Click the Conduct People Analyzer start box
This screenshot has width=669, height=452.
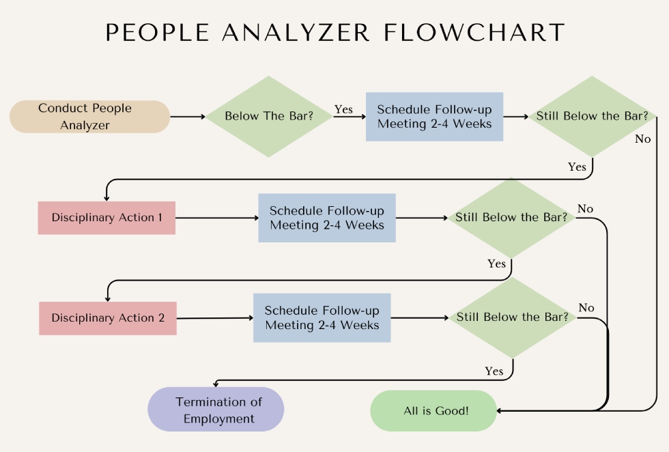89,117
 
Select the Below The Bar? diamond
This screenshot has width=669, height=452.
269,116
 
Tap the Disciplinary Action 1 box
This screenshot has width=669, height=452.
106,218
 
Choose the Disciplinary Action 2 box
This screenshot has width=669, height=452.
108,318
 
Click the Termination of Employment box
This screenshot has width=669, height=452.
216,410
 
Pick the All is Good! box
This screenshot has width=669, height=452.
436,411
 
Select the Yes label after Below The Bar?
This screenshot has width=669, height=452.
343,109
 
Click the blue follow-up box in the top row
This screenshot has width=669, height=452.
434,117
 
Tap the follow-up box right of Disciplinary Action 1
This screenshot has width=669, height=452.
327,218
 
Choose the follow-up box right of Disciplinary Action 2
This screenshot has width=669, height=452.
322,317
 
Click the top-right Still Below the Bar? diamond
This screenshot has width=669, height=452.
592,116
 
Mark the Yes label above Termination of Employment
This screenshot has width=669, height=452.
494,371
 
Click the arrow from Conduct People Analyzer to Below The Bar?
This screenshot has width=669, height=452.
188,117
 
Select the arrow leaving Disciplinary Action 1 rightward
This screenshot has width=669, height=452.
216,218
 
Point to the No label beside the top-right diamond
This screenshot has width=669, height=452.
642,139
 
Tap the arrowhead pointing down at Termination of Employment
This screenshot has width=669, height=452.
216,386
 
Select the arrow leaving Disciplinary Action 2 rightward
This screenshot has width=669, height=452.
215,318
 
